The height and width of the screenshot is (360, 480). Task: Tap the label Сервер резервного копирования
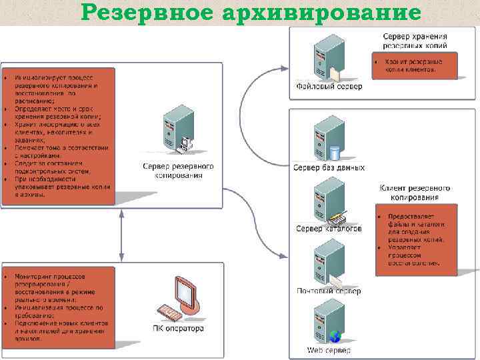pos(178,171)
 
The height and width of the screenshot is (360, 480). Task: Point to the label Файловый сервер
pos(329,87)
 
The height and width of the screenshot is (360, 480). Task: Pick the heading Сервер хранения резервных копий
pos(415,41)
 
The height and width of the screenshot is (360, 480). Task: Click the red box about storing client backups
pos(415,65)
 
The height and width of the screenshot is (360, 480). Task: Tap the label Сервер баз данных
pos(329,167)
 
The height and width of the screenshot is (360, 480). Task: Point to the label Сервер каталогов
pos(329,229)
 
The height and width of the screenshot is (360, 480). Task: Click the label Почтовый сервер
pos(329,291)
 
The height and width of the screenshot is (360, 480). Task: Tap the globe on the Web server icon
pos(335,337)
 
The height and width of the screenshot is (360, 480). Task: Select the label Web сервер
pos(329,350)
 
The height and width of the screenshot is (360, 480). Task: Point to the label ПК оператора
pos(178,329)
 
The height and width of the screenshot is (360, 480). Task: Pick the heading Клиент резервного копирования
pos(415,193)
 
